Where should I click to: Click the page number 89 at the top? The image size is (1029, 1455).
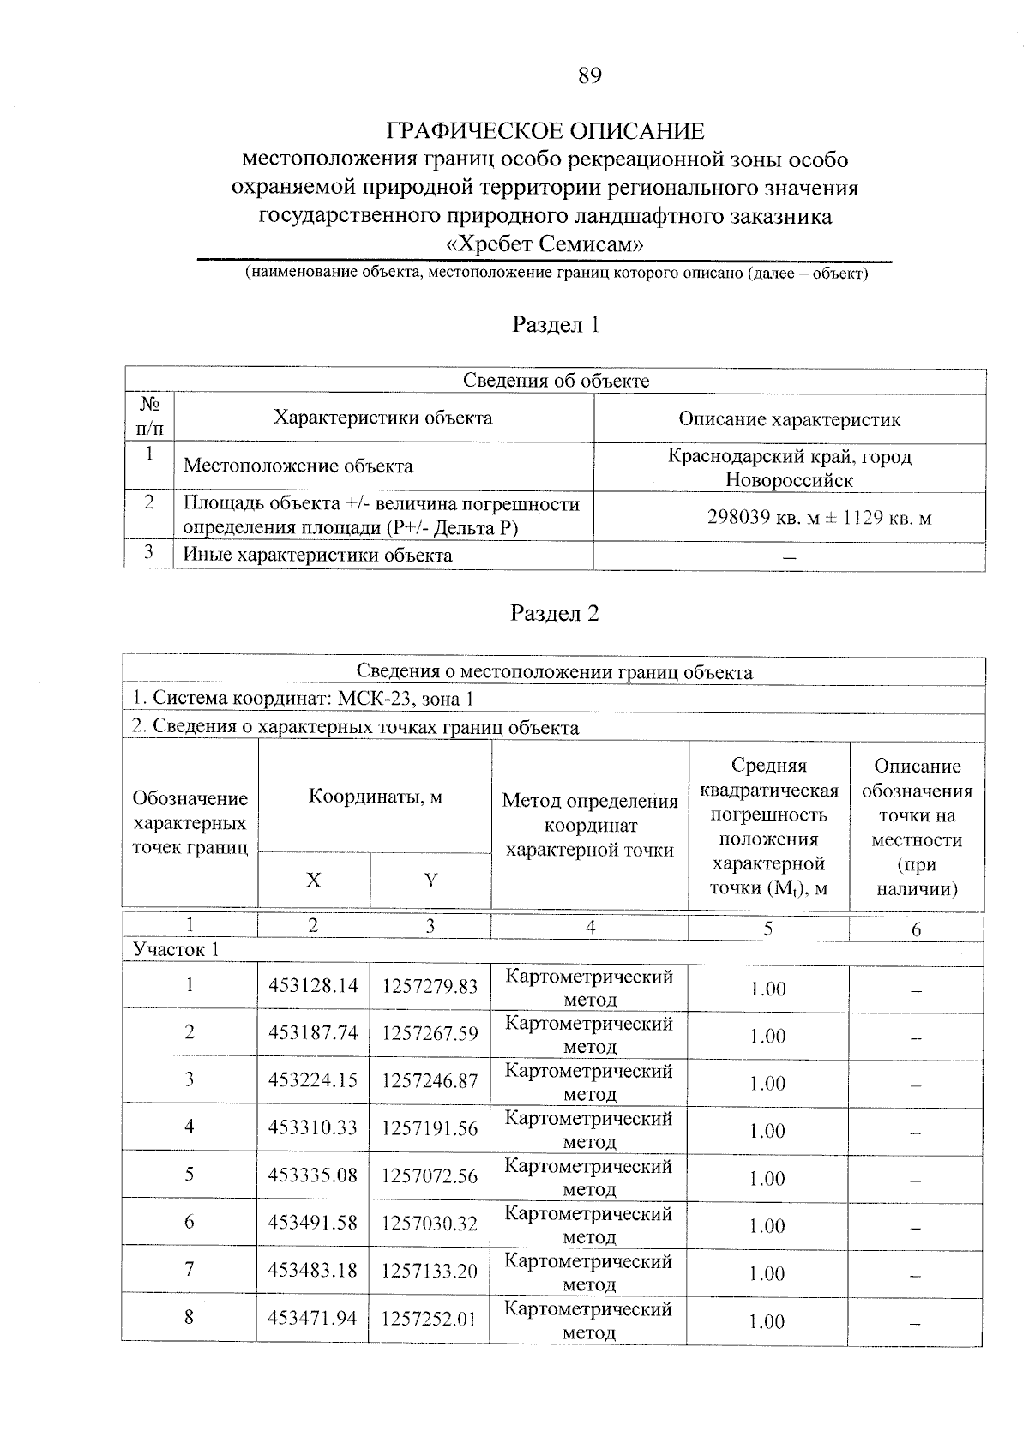click(x=590, y=76)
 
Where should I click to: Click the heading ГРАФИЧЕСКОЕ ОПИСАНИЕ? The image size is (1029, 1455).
click(x=545, y=131)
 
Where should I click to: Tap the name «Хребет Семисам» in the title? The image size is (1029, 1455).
click(x=545, y=244)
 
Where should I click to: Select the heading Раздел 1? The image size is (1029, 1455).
click(x=555, y=325)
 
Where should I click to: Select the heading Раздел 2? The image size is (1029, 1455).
click(x=555, y=613)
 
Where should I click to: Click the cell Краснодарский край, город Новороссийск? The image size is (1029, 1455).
click(x=789, y=468)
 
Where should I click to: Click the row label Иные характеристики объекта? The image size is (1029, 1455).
click(x=318, y=556)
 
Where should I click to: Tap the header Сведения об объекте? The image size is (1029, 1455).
click(x=556, y=381)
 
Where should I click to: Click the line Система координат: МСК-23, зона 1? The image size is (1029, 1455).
click(x=302, y=699)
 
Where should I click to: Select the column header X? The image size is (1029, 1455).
click(x=314, y=881)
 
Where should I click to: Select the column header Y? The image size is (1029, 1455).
click(x=430, y=881)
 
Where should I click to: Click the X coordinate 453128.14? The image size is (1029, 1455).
click(x=313, y=986)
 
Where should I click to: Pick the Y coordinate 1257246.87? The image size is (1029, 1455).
click(x=430, y=1081)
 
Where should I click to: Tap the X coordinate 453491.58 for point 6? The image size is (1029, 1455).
click(x=313, y=1223)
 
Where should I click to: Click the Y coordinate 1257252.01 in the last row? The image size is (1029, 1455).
click(x=429, y=1318)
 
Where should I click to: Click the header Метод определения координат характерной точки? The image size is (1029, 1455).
click(x=590, y=825)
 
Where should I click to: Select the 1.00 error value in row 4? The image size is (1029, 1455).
click(x=767, y=1131)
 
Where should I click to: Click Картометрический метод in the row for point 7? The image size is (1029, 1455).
click(x=589, y=1272)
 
